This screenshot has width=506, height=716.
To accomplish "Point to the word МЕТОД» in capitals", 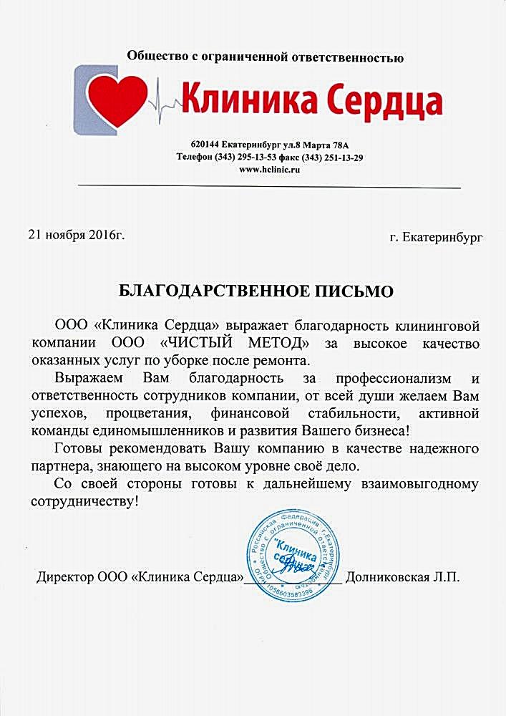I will click(280, 344).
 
